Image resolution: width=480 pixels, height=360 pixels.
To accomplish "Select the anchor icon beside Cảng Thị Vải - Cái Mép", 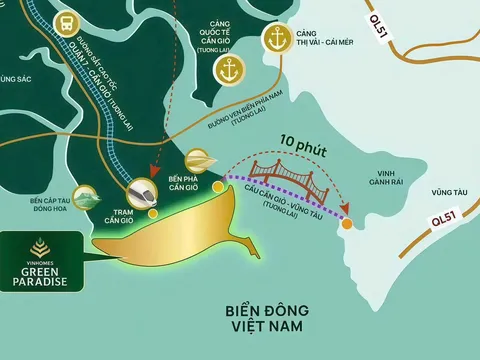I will click(274, 39).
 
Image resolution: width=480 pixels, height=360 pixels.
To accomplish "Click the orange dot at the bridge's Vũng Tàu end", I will click(346, 223).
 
